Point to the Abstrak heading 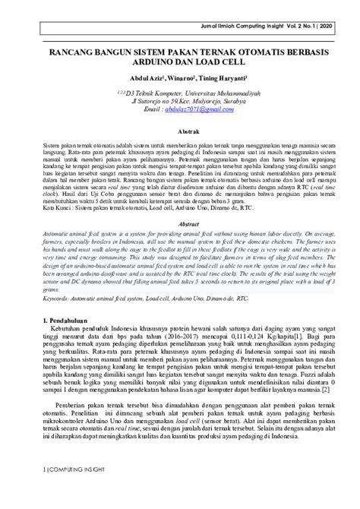pos(180,131)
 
